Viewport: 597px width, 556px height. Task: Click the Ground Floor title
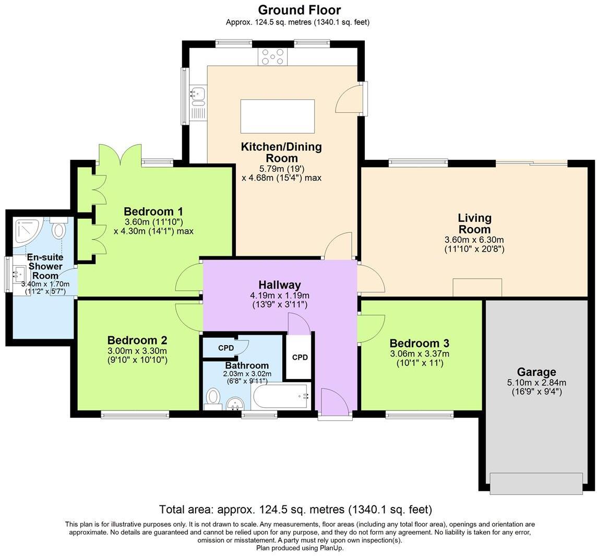(x=299, y=10)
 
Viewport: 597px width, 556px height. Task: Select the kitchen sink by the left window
(x=198, y=96)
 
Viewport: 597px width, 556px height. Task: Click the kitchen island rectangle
(x=277, y=116)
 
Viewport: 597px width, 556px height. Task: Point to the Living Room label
(x=474, y=223)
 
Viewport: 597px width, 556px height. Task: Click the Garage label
(x=536, y=372)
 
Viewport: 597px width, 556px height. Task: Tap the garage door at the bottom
(x=536, y=483)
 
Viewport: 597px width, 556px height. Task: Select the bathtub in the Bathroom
(x=280, y=397)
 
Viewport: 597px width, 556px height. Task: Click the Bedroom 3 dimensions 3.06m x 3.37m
(x=420, y=353)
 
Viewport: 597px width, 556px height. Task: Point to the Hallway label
(x=280, y=285)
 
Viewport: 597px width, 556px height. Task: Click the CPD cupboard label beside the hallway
(x=300, y=358)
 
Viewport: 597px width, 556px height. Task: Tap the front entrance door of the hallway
(x=334, y=405)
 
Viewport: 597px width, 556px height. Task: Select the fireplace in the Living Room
(x=477, y=287)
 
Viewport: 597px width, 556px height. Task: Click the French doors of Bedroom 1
(x=120, y=155)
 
